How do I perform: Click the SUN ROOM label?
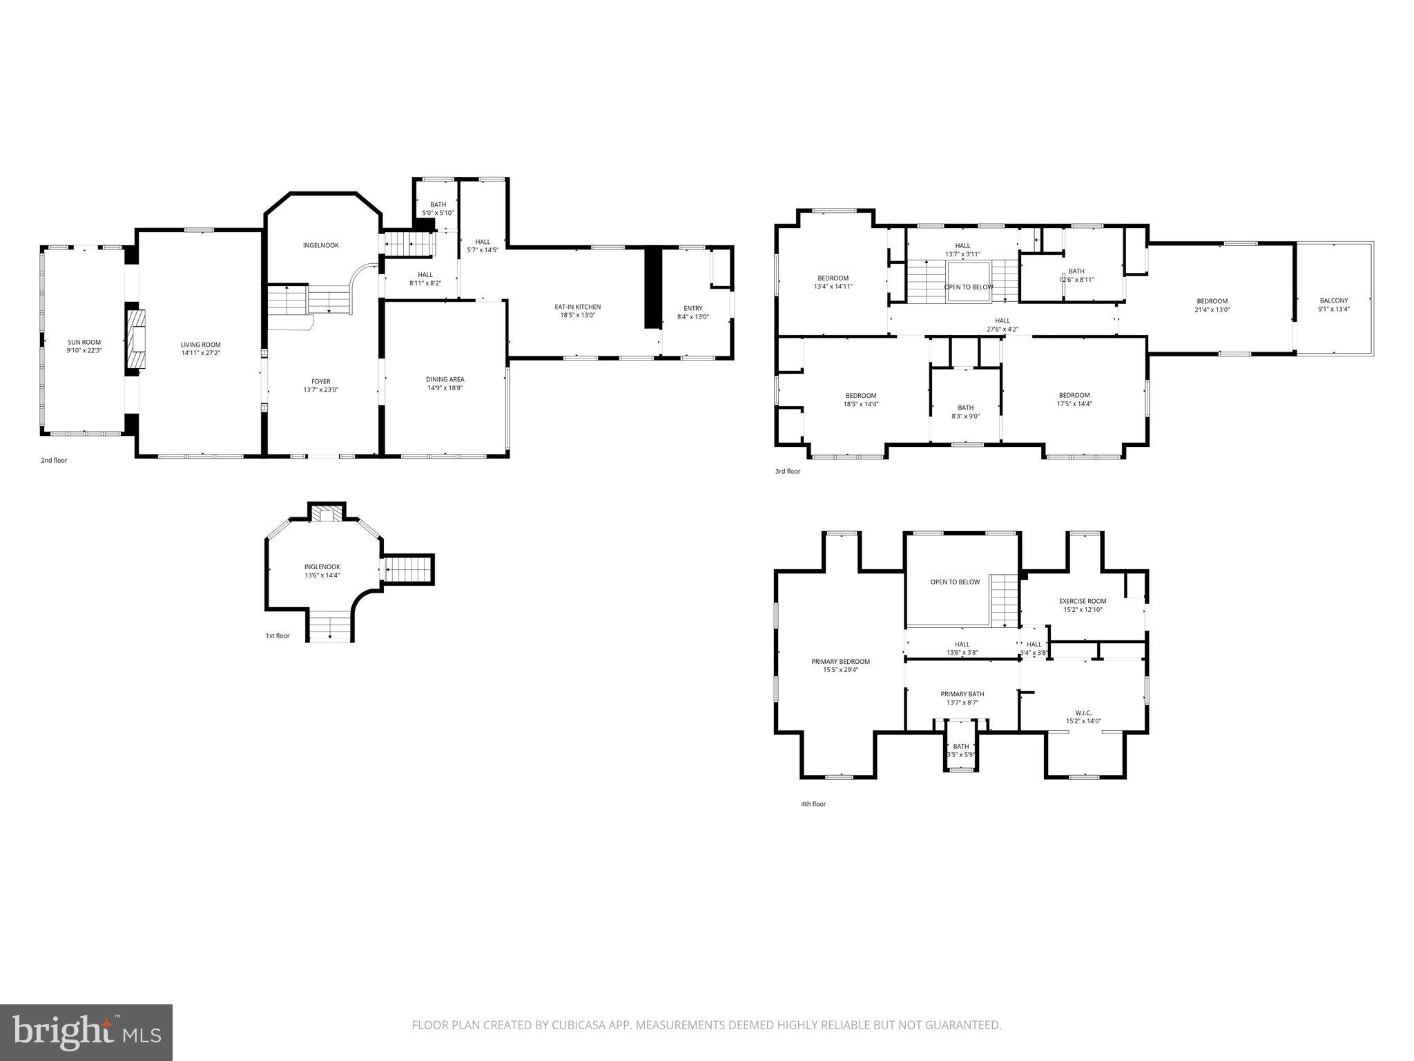[x=84, y=342]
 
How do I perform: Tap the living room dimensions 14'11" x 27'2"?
[x=200, y=353]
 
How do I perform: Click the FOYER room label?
[x=320, y=381]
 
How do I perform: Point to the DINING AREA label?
[x=445, y=379]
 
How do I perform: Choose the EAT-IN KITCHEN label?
[x=577, y=307]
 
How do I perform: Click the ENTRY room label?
[x=693, y=308]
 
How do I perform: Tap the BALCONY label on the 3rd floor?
[x=1333, y=300]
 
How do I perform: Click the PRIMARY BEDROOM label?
[x=840, y=661]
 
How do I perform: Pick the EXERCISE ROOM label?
[x=1083, y=601]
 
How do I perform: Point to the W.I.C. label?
[x=1083, y=712]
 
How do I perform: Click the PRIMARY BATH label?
[x=962, y=694]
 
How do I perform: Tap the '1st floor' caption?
[x=278, y=635]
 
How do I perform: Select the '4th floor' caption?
[x=813, y=804]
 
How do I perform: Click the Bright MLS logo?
[x=86, y=1032]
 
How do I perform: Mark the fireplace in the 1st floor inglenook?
[x=326, y=514]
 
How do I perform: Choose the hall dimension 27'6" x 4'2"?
[x=1002, y=329]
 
